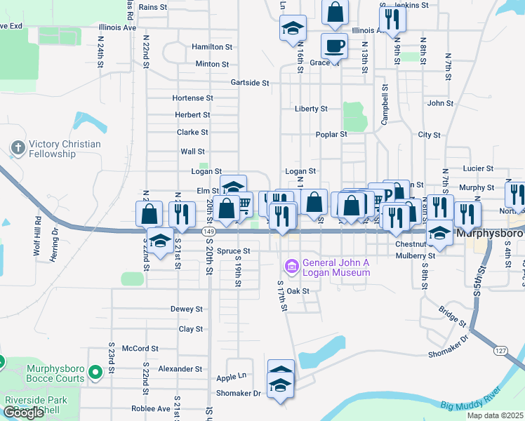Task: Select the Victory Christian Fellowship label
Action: pyautogui.click(x=64, y=149)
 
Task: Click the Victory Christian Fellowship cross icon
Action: pyautogui.click(x=18, y=148)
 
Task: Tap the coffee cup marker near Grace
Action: pyautogui.click(x=334, y=46)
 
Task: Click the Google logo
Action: pyautogui.click(x=23, y=413)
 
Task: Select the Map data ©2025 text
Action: pyautogui.click(x=494, y=415)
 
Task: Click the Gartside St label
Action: pyautogui.click(x=251, y=83)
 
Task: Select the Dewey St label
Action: pyautogui.click(x=186, y=309)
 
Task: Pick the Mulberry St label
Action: pyautogui.click(x=417, y=256)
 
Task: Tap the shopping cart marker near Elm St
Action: pyautogui.click(x=243, y=203)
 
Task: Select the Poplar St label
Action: pyautogui.click(x=331, y=134)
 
